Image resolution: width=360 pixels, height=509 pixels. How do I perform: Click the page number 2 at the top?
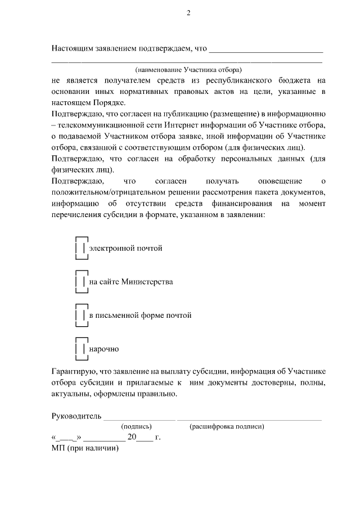pos(188,13)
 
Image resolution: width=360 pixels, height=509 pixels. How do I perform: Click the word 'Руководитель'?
pos(76,416)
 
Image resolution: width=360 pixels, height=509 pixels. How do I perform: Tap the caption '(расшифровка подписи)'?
pos(227,426)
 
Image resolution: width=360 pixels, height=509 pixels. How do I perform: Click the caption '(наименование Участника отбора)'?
pos(188,70)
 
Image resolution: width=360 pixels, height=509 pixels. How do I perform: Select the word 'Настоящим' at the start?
pos(72,48)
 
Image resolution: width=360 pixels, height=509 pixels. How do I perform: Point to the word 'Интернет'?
pos(199,125)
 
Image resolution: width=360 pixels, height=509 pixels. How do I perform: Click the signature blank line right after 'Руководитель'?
pos(139,419)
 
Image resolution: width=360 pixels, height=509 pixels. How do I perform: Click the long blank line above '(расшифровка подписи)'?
pos(249,419)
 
